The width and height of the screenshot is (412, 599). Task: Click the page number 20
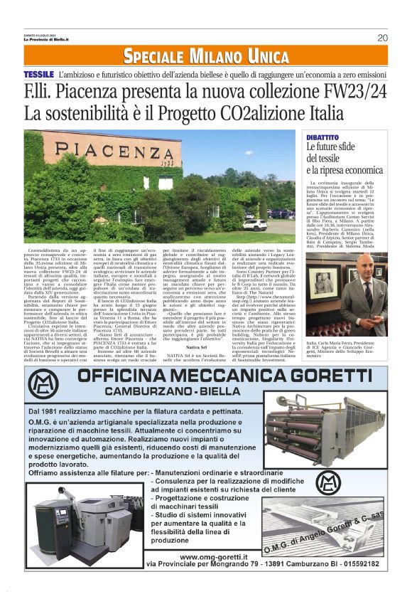coord(382,38)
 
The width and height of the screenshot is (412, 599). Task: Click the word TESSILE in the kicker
coord(38,74)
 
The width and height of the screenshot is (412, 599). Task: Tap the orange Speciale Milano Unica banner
coord(205,55)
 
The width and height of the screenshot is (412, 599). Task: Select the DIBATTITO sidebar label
coord(322,137)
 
